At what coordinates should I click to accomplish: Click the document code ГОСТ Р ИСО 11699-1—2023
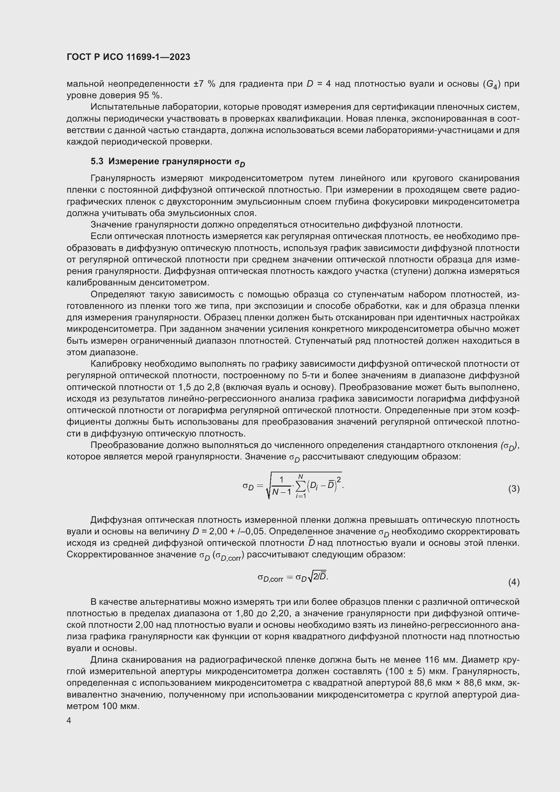tap(128, 57)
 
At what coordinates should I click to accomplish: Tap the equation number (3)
tap(514, 489)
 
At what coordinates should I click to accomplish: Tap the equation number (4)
tap(514, 582)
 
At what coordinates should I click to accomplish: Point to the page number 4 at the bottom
tap(69, 721)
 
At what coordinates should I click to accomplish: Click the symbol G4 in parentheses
tap(492, 85)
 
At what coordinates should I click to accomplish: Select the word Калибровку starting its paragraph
tap(116, 364)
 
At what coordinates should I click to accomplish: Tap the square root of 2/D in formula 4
tap(318, 577)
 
